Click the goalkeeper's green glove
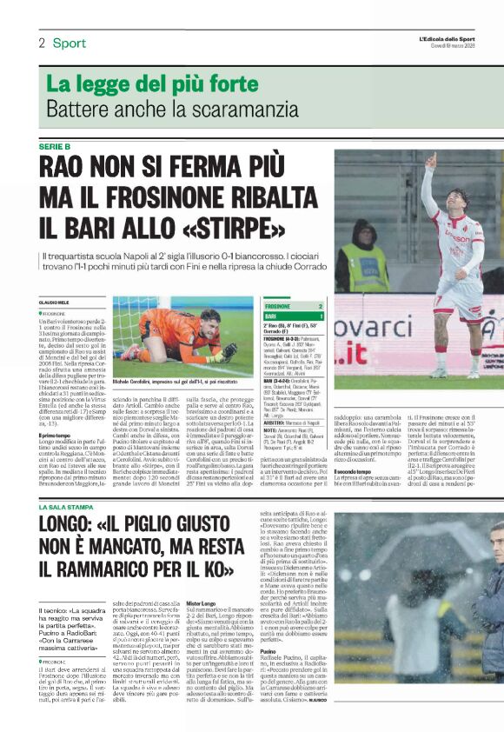[x=227, y=350]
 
